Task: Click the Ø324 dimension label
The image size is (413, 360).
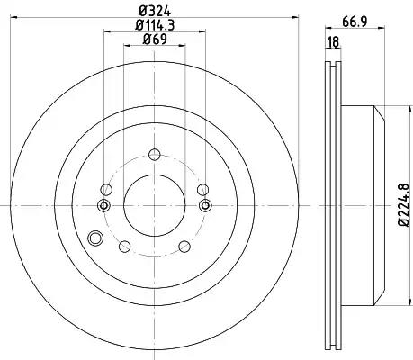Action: [x=155, y=11]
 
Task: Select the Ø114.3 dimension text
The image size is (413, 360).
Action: [x=155, y=25]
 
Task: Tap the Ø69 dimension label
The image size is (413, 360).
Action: [x=155, y=39]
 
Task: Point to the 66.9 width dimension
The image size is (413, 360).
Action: [x=355, y=22]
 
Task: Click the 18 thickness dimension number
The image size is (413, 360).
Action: [x=333, y=42]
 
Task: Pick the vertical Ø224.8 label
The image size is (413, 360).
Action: [x=404, y=205]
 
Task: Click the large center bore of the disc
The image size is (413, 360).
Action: [x=155, y=205]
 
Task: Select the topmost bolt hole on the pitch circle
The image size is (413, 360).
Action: [x=155, y=155]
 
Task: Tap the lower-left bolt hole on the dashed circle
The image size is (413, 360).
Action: [x=124, y=247]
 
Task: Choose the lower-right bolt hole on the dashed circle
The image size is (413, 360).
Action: [x=184, y=247]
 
